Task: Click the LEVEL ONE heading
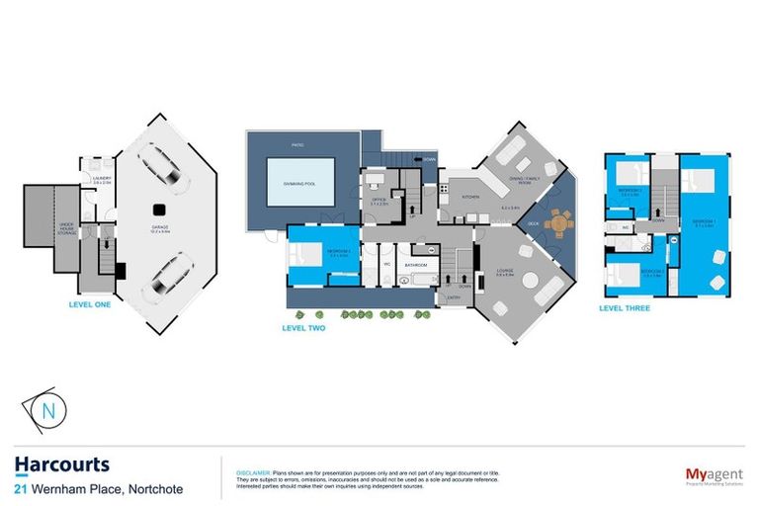(90, 304)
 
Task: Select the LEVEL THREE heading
(627, 307)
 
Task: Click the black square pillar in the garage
(157, 209)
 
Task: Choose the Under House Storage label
(68, 225)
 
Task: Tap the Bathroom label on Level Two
(415, 264)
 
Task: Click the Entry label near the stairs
(454, 296)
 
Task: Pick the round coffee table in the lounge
(531, 281)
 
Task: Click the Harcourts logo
(62, 464)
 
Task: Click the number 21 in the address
(21, 489)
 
